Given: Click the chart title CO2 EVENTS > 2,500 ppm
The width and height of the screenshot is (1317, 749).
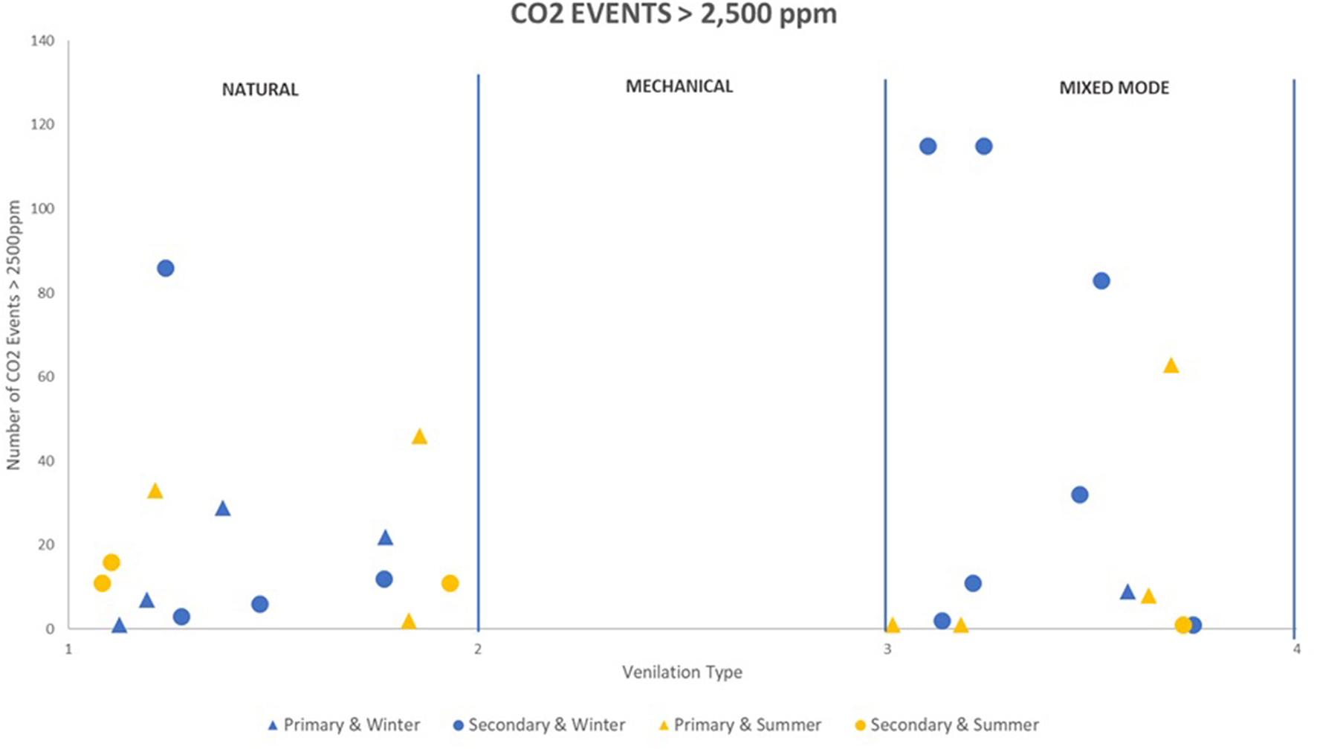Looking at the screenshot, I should (x=673, y=14).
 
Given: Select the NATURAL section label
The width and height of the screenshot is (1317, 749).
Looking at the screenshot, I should (x=260, y=90).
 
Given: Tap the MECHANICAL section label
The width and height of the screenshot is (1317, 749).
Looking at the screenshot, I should (x=679, y=87).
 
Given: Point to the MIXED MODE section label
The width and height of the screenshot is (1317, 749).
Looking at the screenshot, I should (x=1113, y=89).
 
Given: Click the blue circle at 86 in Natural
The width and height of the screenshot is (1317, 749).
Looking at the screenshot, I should (x=166, y=269).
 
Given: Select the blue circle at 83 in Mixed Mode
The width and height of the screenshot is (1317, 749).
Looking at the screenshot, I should (x=1101, y=281).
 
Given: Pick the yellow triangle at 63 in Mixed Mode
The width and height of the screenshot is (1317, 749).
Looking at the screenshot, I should (x=1171, y=366).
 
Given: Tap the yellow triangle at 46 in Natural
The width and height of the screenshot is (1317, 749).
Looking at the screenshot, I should (x=419, y=437).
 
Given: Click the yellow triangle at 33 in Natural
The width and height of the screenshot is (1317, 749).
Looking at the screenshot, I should (x=155, y=491).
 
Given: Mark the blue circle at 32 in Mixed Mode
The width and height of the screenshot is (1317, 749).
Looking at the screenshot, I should (x=1079, y=495).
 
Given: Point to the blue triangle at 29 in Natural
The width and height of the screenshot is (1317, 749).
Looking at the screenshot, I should (x=222, y=509).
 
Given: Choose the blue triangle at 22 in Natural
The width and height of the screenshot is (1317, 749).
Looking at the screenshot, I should (x=385, y=538).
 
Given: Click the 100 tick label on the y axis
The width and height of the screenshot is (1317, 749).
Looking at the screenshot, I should (x=42, y=209).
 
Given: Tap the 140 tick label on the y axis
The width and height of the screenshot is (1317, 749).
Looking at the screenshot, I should (x=42, y=42).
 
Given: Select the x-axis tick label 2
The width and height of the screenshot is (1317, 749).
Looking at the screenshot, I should (x=478, y=649).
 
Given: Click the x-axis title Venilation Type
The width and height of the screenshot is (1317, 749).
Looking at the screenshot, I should (x=682, y=672).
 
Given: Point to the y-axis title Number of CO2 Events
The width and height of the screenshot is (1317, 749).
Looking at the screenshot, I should (x=14, y=335).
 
